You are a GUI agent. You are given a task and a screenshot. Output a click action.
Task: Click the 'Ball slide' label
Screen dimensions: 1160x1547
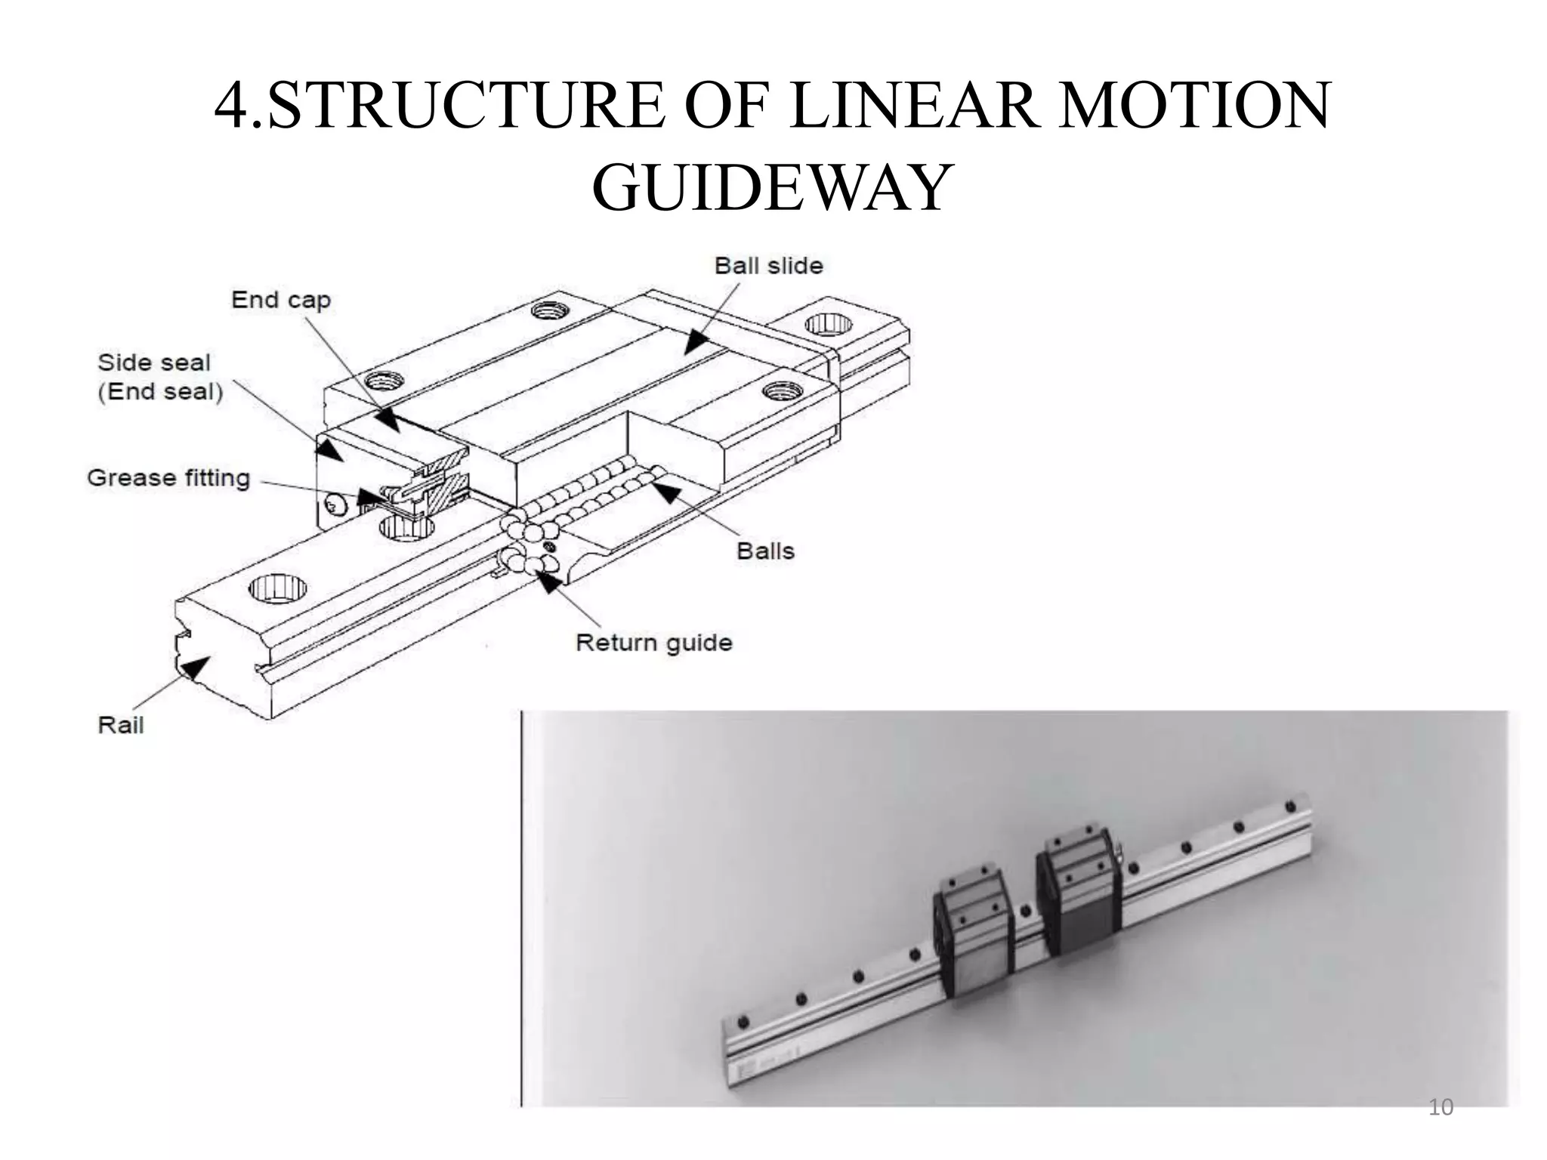pos(768,266)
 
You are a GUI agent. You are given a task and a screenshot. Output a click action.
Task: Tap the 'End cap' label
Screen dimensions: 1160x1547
pos(280,300)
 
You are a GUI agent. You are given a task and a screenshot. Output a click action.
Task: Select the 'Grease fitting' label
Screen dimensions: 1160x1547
pos(168,478)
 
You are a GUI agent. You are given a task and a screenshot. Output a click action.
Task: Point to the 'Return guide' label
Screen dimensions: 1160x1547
pos(653,643)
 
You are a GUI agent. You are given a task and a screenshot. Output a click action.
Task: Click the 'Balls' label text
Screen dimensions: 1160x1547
pos(765,551)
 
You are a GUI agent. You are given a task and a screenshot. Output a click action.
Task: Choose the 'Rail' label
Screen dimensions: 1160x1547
pos(120,725)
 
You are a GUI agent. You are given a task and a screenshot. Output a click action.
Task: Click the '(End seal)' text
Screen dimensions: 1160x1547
pos(160,392)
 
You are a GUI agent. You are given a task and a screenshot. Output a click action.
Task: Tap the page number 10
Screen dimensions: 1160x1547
pos(1440,1107)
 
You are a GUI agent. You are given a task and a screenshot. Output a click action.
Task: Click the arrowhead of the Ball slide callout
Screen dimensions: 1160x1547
pos(695,344)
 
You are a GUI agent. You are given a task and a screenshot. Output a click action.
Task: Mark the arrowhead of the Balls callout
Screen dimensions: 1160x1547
pos(665,494)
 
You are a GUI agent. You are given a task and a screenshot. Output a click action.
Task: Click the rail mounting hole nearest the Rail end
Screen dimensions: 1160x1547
pos(277,588)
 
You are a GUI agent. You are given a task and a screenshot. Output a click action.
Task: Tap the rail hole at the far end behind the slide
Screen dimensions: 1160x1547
pos(828,325)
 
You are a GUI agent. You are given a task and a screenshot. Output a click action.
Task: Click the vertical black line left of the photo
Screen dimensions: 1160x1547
pos(521,906)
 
